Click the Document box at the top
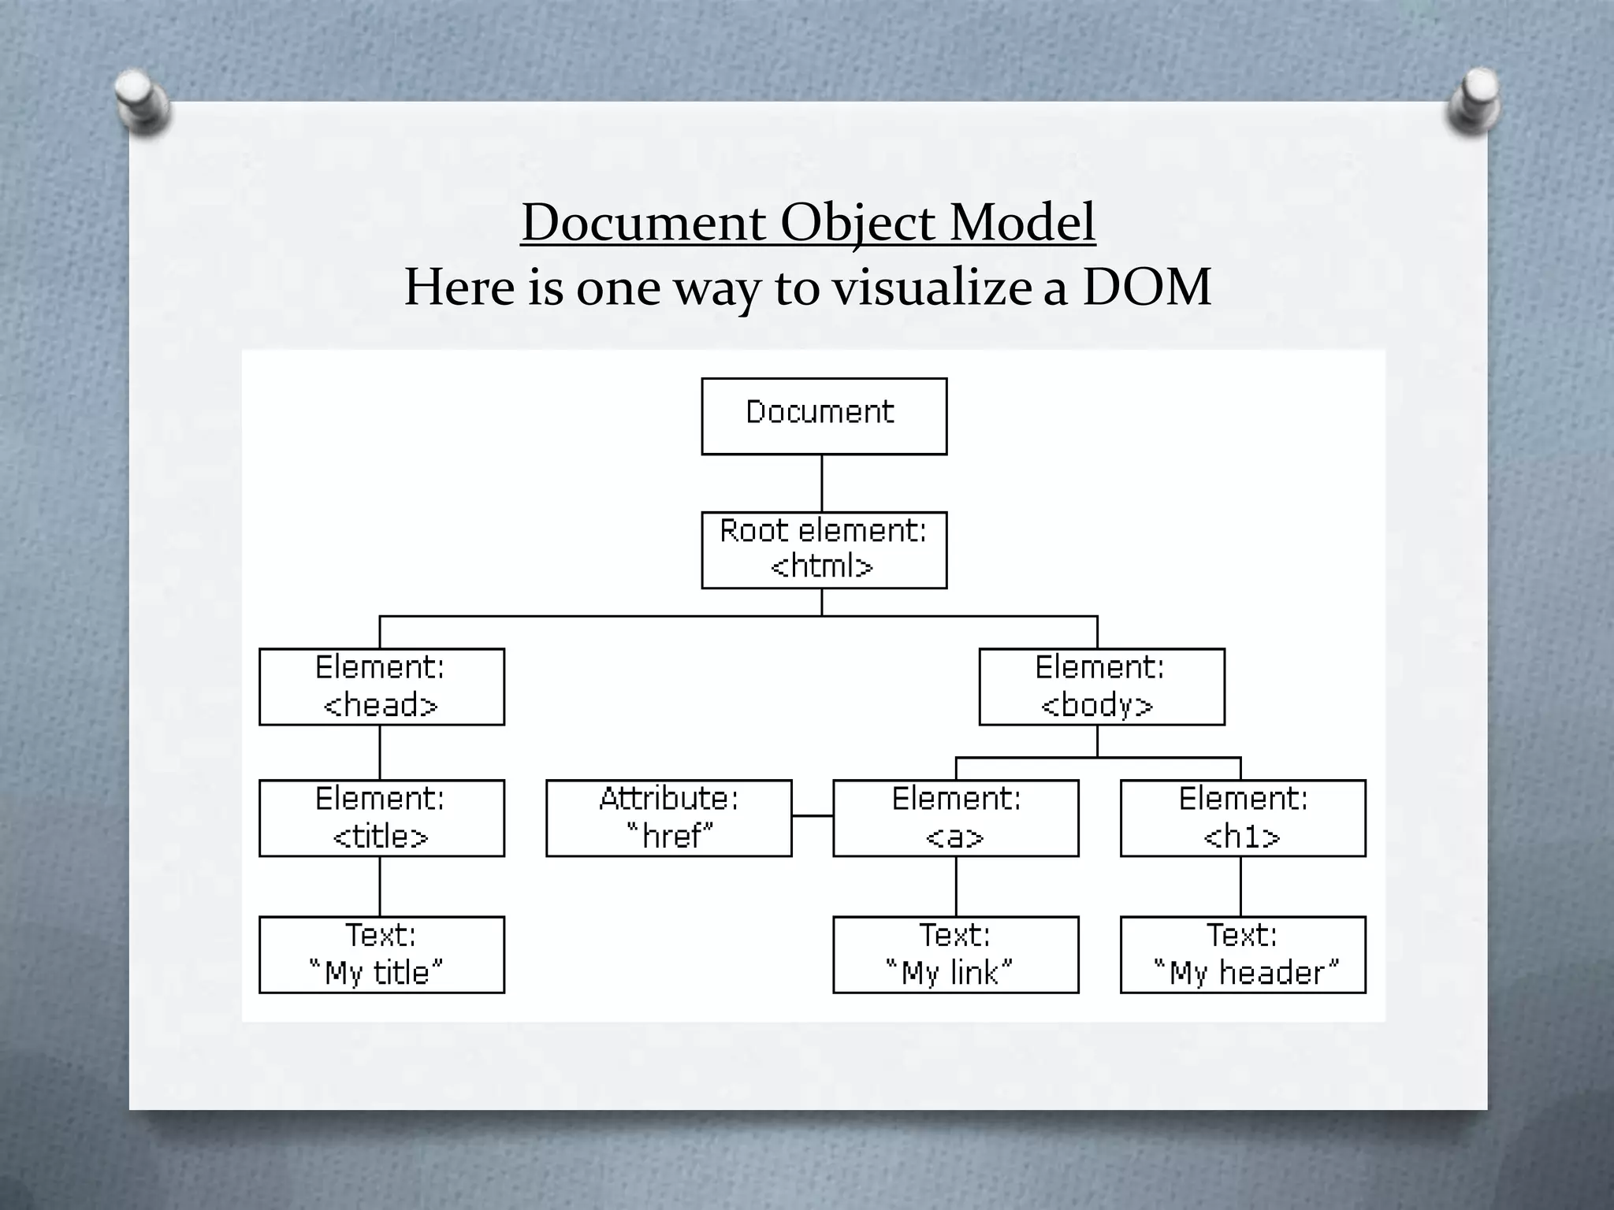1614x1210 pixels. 824,416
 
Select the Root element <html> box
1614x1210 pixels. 824,550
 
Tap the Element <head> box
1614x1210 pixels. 381,686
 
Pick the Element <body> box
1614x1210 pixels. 1101,686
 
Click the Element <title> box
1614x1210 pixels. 381,818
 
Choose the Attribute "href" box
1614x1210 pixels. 668,818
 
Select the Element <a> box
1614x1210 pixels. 955,818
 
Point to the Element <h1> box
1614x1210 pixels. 1242,818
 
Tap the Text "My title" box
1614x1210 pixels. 381,954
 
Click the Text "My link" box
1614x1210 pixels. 955,954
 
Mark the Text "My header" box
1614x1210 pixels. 1242,954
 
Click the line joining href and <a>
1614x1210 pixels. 813,816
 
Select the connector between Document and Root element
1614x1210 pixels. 822,483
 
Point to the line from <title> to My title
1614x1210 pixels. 380,886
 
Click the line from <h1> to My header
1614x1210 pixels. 1241,886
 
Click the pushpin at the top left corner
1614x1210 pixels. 141,102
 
